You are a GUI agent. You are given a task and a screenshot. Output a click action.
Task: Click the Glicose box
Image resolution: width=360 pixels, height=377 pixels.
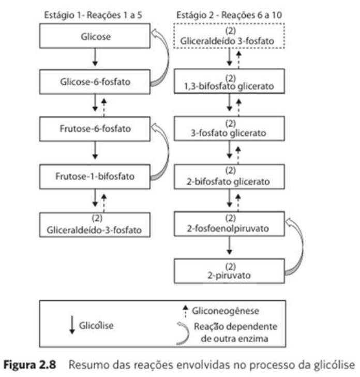pos(95,37)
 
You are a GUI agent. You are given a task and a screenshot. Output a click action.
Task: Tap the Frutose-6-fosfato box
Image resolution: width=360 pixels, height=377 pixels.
pos(95,127)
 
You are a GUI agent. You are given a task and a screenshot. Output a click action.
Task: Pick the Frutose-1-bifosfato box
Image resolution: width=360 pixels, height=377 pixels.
pos(95,176)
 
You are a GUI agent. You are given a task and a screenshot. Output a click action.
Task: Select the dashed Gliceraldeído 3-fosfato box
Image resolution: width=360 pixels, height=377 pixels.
pos(230,34)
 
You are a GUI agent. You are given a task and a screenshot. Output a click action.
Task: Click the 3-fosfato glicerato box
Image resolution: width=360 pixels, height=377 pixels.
pos(230,128)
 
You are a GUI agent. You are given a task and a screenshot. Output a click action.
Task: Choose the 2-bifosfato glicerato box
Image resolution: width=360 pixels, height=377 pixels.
pos(230,177)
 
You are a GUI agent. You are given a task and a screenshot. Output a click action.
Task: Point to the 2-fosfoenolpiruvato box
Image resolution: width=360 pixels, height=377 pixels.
pos(230,224)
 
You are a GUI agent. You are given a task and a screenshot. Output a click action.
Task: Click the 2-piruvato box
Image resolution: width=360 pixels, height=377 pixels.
pos(230,271)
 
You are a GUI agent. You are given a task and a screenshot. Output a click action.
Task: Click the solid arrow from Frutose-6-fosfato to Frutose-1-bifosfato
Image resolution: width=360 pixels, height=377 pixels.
pos(95,151)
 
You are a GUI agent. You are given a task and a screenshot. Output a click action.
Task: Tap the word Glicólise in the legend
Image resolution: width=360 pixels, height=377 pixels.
pos(96,325)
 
